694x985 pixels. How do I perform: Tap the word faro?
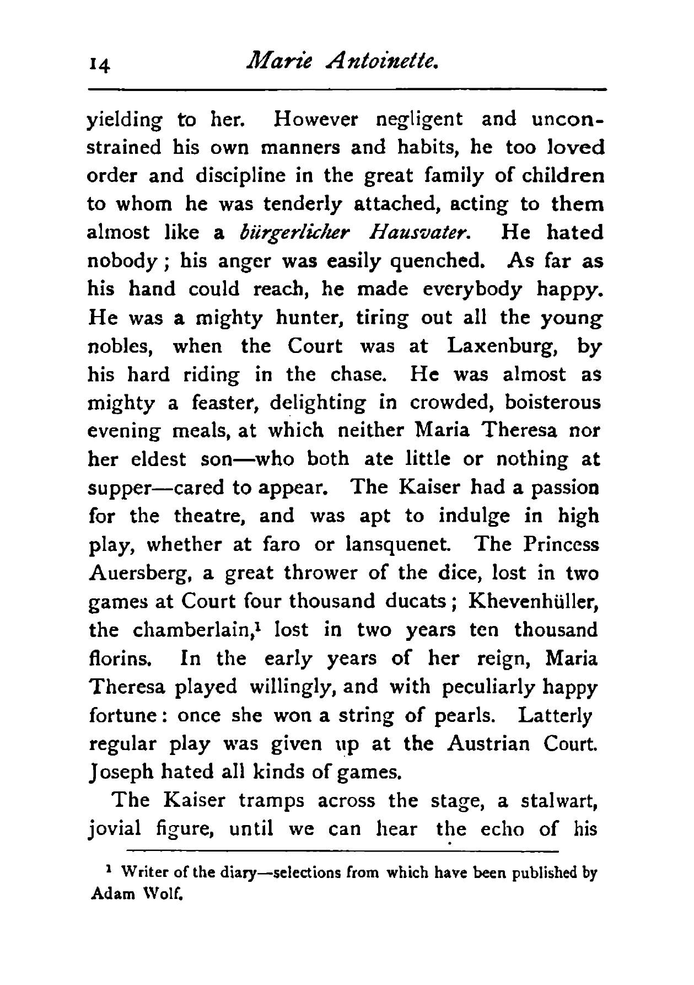click(x=280, y=545)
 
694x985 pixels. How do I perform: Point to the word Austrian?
click(x=488, y=744)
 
